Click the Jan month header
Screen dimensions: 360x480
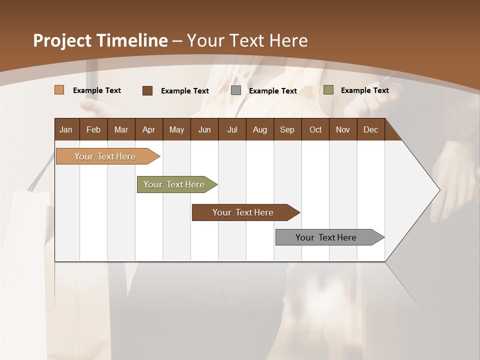[66, 129]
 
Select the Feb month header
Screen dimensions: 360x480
[93, 129]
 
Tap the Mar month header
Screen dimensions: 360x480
[121, 129]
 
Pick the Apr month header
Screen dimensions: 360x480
[148, 129]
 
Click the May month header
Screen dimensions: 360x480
[176, 129]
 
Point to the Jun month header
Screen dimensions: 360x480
[204, 129]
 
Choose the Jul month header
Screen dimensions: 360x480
[232, 129]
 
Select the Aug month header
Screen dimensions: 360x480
[259, 129]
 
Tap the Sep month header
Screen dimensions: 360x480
[287, 129]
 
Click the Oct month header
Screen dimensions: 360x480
[315, 129]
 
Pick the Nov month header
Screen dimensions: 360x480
[343, 129]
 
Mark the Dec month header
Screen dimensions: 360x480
[370, 129]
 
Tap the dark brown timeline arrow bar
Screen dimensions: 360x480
[243, 212]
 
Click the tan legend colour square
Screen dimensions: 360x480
[59, 90]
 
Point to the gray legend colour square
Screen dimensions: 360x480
[236, 90]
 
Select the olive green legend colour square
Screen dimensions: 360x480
[328, 90]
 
